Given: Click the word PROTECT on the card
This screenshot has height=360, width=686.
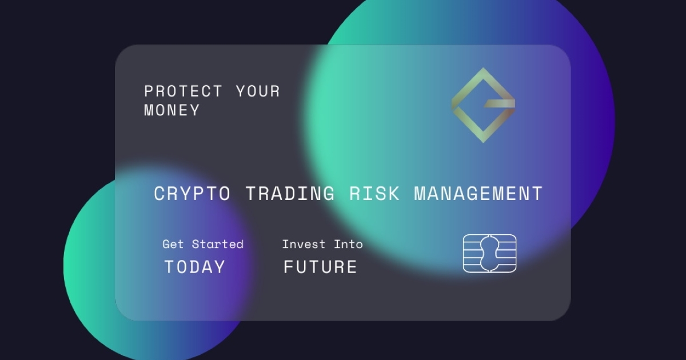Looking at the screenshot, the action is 183,91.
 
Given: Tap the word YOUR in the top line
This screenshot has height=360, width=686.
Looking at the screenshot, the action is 258,91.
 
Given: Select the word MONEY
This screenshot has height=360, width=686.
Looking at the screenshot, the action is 172,110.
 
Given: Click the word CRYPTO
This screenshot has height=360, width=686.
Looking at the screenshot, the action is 192,194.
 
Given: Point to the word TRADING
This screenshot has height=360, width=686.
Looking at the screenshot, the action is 290,194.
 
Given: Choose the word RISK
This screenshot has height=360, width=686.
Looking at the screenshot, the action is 374,194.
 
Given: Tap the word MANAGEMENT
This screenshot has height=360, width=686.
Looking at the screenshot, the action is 478,194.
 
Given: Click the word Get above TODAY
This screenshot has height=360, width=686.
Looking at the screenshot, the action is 173,245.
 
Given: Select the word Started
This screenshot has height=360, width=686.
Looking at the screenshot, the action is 217,245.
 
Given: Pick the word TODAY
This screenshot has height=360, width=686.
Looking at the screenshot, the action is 195,267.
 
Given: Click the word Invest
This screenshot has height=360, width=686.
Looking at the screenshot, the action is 304,245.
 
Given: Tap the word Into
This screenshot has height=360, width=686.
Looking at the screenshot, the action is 348,245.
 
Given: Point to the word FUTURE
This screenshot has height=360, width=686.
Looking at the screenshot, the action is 320,267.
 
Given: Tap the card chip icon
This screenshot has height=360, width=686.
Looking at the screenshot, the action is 490,254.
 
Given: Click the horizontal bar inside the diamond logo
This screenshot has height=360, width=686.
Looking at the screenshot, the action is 500,103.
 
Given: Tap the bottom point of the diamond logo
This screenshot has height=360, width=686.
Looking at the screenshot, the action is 483,142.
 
